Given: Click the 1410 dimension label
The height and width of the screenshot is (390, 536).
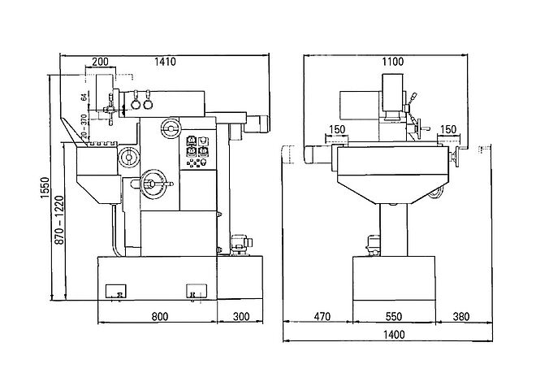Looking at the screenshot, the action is coord(165,62).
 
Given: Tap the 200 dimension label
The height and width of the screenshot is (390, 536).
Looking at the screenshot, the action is coord(100,62).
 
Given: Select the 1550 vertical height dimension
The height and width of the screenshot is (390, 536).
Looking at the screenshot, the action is coord(45,188).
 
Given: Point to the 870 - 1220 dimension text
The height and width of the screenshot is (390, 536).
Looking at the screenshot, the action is coord(60,220).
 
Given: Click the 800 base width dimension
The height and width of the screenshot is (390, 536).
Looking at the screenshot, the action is coord(160,316).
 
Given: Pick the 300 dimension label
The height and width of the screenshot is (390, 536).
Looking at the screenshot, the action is coord(241,316).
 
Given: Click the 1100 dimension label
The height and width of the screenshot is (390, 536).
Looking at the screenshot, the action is coord(393,62).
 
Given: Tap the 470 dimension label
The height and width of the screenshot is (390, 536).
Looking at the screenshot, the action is coord(322,316).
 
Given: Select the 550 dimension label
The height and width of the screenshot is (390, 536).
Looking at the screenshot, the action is coord(393,316).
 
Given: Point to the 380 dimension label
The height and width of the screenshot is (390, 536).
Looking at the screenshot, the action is coord(461,316).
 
